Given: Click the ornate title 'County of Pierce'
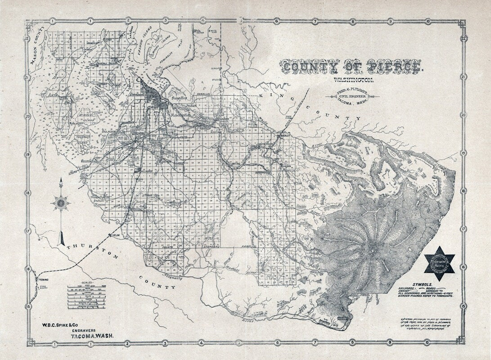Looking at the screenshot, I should tap(351, 67).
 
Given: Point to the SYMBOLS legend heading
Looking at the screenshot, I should tap(420, 285).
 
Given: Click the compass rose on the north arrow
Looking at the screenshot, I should tap(61, 203).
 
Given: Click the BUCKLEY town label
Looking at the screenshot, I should tap(284, 135).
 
